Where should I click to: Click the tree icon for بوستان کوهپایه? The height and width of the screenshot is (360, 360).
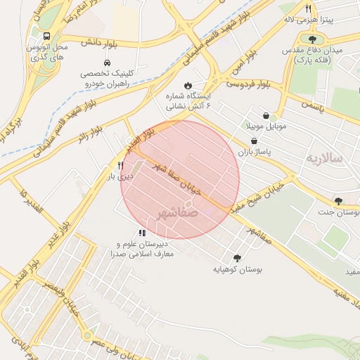pos(236,258)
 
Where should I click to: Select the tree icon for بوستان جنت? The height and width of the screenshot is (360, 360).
pos(339,201)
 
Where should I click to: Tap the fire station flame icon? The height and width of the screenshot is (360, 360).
pos(188,86)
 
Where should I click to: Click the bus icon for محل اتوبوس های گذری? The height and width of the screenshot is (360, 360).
pos(46,36)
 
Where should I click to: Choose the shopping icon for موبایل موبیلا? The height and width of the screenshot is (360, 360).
pos(266,115)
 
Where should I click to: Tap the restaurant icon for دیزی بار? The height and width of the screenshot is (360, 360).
pos(120,166)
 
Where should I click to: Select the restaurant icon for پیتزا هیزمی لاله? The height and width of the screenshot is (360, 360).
pos(308,8)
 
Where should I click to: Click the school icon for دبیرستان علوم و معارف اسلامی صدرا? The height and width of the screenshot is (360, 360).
pos(142,233)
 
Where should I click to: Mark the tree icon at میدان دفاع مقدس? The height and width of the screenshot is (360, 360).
pos(312,39)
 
